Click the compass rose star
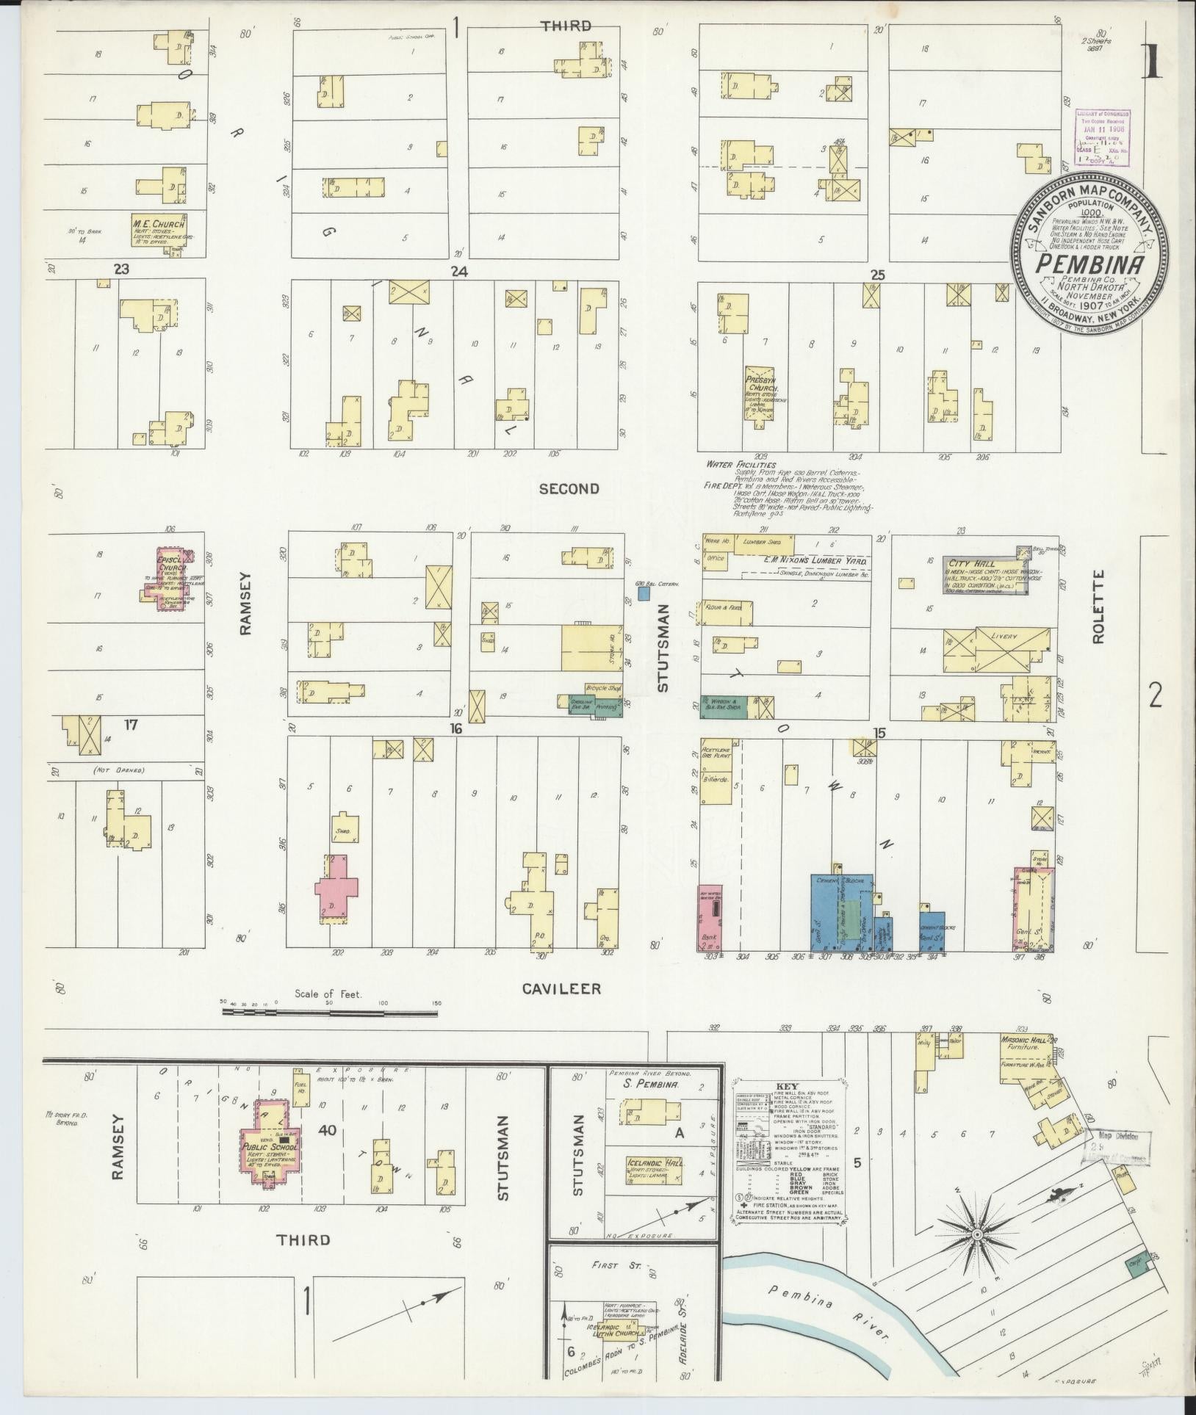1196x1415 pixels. [978, 1235]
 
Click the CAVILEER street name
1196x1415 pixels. [561, 989]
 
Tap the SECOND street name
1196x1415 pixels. [569, 488]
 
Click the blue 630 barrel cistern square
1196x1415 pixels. [644, 592]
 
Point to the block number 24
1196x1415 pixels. [459, 272]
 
